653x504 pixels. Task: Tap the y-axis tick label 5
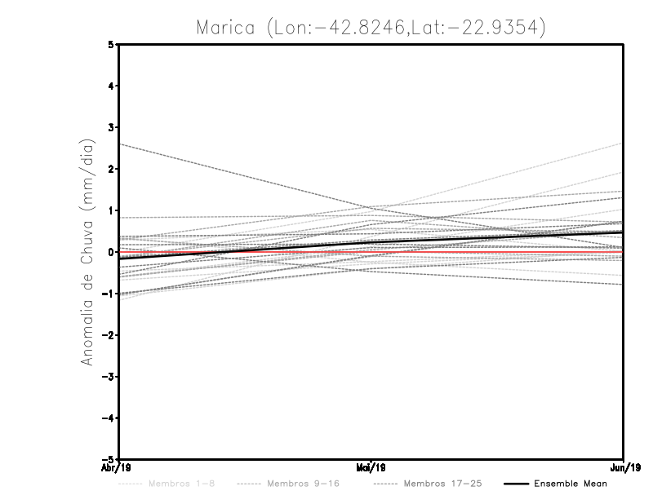[x=112, y=45]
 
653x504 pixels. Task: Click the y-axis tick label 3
[x=112, y=128]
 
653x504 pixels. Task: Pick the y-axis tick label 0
[x=112, y=252]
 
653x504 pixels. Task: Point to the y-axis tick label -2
[x=109, y=335]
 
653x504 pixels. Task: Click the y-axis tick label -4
[x=109, y=418]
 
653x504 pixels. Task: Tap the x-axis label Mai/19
[x=371, y=467]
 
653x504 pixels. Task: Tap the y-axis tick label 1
[x=112, y=210]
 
